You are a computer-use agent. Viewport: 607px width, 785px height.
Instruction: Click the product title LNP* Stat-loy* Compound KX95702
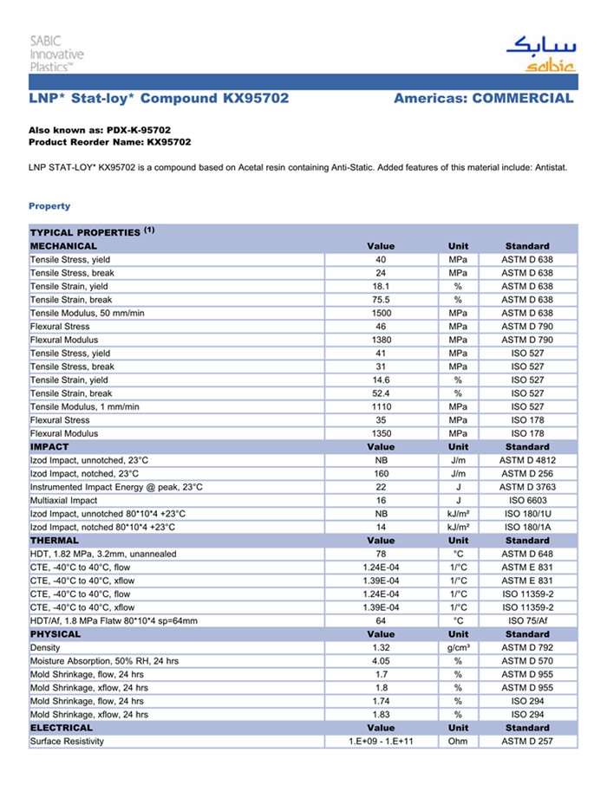(x=159, y=98)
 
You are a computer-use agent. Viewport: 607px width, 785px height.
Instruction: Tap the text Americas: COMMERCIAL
(x=483, y=98)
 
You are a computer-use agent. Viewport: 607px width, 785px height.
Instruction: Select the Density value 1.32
(x=381, y=648)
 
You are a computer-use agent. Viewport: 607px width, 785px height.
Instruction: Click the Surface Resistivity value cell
(x=381, y=742)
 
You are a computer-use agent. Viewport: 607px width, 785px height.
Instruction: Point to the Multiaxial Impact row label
(x=64, y=501)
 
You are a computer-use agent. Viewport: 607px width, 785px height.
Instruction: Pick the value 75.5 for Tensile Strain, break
(x=381, y=300)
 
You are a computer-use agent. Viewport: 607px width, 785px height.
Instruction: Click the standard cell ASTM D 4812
(x=527, y=460)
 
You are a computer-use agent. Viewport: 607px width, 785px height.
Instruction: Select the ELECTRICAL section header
(x=62, y=728)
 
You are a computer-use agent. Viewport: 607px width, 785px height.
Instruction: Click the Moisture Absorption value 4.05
(x=381, y=661)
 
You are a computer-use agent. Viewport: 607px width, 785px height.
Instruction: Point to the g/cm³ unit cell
(x=458, y=648)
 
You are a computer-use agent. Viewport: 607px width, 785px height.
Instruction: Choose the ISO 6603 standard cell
(x=527, y=501)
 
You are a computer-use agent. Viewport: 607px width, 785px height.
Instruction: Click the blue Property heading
(x=49, y=206)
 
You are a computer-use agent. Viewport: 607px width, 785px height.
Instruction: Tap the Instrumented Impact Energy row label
(x=116, y=487)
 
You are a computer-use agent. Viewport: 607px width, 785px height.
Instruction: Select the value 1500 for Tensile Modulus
(x=381, y=313)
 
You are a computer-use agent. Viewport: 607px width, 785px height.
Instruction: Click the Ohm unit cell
(x=458, y=742)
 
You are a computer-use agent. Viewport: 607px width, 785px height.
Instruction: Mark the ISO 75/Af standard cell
(x=527, y=620)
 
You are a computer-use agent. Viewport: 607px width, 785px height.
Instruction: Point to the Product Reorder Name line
(x=110, y=141)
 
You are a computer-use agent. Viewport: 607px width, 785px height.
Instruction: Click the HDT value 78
(x=381, y=554)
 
